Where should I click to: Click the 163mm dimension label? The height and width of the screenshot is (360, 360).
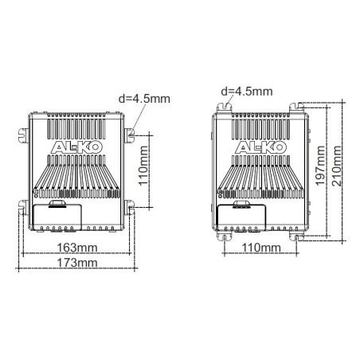pyautogui.click(x=78, y=248)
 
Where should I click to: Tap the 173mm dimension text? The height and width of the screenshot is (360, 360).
pyautogui.click(x=78, y=263)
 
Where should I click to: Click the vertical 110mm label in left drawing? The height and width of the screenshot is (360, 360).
pyautogui.click(x=143, y=166)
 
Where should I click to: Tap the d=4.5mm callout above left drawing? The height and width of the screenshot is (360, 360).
pyautogui.click(x=143, y=100)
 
